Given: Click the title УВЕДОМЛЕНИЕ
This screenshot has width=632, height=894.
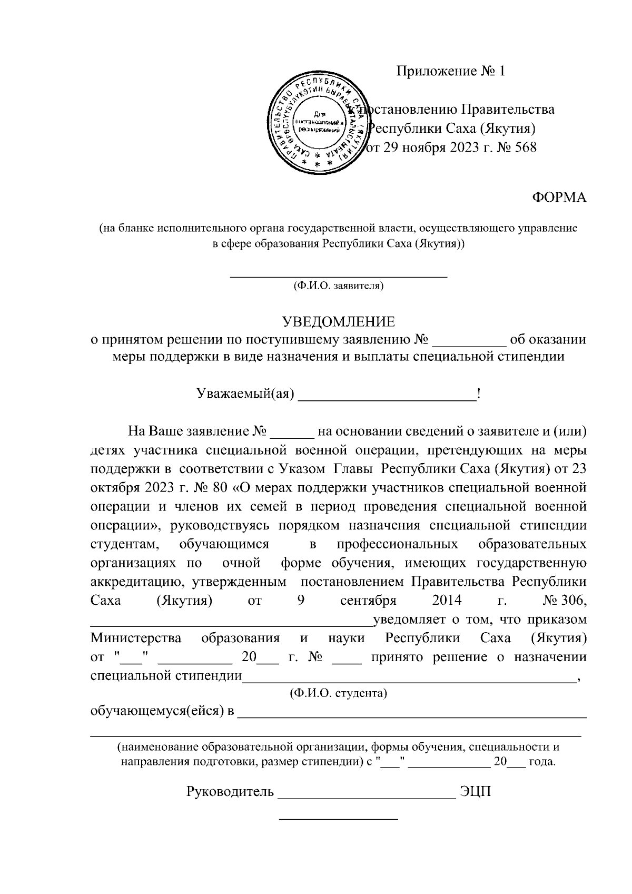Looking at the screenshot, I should coord(338,322).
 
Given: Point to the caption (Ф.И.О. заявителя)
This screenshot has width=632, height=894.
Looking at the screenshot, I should coord(339,286).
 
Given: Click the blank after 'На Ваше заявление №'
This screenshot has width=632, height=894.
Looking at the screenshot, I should coord(292,437).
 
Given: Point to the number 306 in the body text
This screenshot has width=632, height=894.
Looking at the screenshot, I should coord(575,601).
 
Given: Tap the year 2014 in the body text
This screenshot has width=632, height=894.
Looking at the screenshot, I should coord(447,601).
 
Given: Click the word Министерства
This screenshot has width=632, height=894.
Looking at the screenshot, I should coord(136,638).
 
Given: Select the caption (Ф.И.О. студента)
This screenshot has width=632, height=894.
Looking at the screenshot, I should coord(339,693).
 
